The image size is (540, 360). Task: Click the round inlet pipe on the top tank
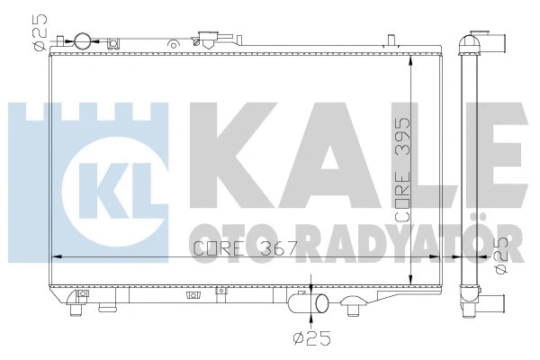[x=82, y=41]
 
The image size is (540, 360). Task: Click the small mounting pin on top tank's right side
[x=391, y=39]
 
